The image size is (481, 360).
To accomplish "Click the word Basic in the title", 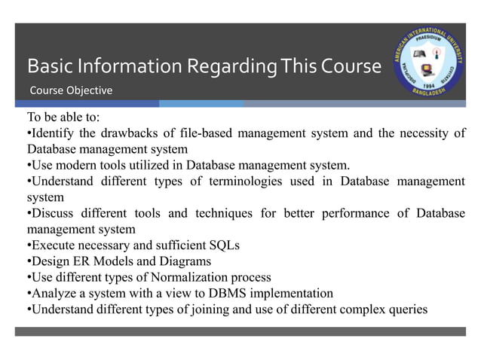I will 46,67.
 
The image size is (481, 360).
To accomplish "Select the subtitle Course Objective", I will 71,91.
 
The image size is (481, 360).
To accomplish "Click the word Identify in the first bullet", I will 53,134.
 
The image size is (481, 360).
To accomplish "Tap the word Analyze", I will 54,292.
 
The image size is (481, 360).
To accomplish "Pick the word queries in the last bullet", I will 407,308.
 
